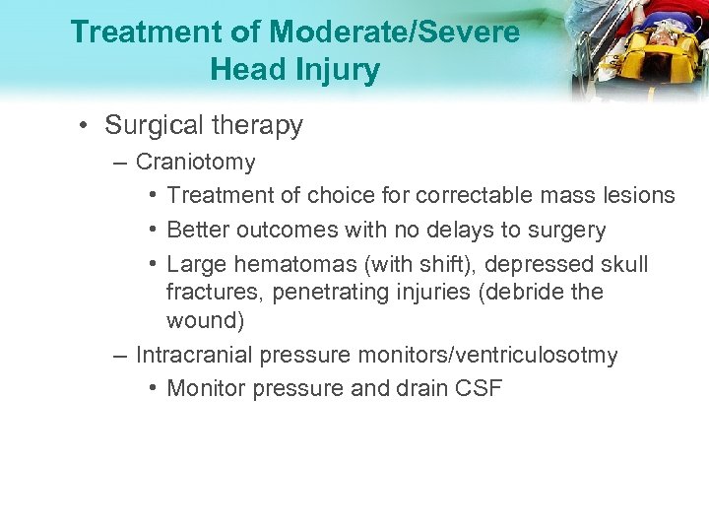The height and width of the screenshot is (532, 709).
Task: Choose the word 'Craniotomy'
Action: (x=195, y=162)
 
